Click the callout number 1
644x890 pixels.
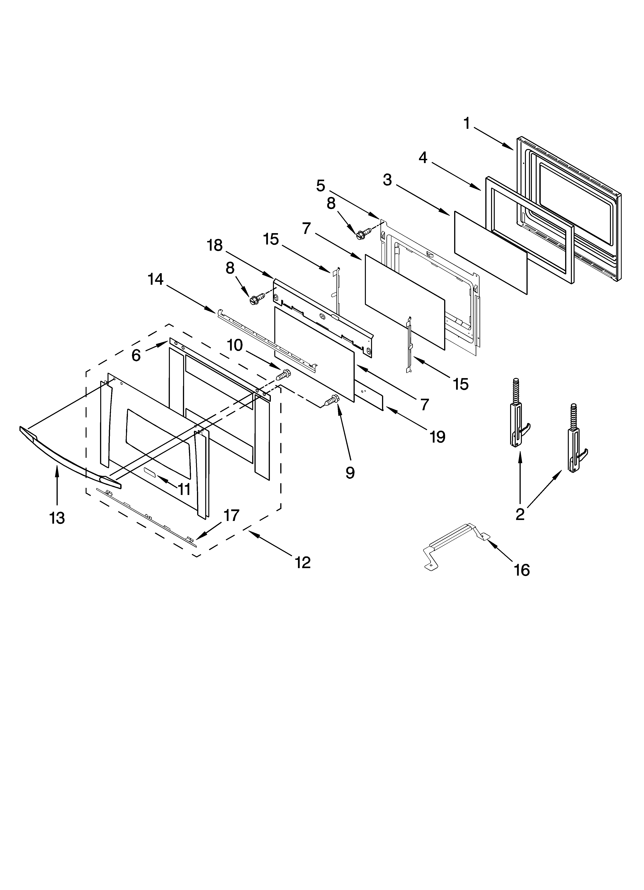(467, 124)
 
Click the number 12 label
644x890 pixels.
(303, 562)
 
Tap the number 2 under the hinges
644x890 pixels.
(520, 514)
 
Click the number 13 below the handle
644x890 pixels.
(57, 518)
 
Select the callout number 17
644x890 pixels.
(231, 515)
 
